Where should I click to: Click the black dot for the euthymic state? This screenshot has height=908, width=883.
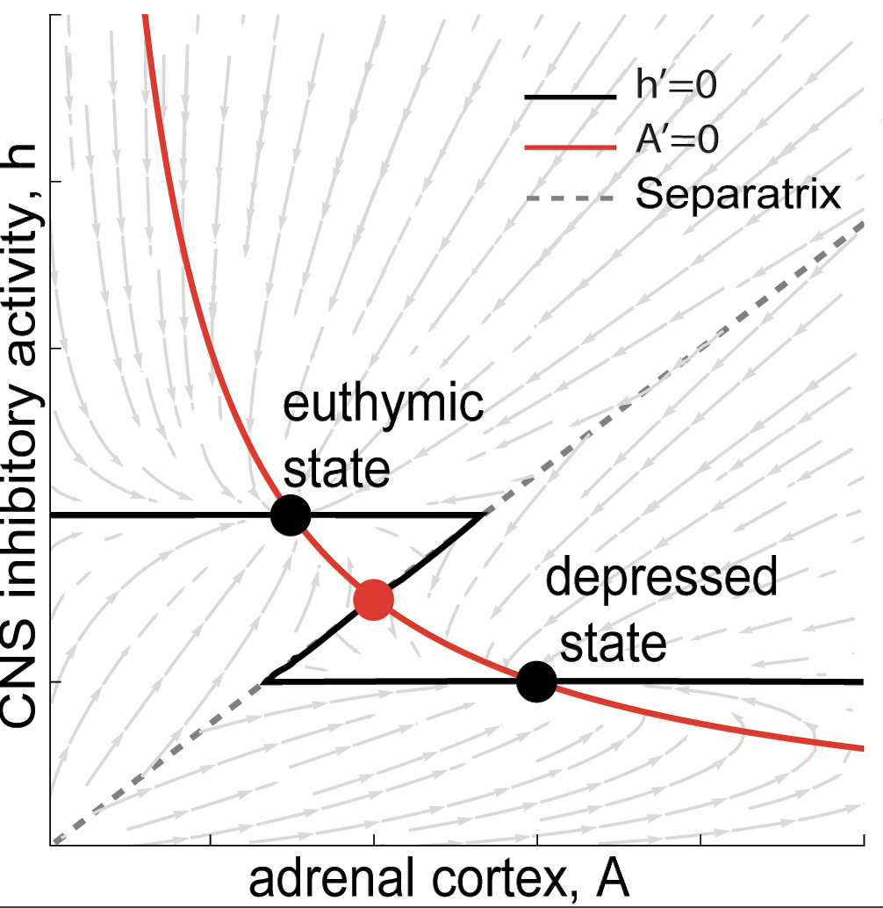pos(291,515)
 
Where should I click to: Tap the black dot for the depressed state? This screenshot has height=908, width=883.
pos(536,681)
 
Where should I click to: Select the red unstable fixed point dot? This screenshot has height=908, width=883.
pos(373,599)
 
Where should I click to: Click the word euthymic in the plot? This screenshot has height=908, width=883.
pos(383,406)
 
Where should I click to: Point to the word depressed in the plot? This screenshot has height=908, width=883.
pos(662,580)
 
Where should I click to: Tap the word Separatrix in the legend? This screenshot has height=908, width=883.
pos(738,194)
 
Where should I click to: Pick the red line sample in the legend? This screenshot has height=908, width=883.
pos(570,148)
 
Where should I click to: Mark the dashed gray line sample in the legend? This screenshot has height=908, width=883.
pos(570,201)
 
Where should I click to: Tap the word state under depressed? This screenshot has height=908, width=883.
pos(614,645)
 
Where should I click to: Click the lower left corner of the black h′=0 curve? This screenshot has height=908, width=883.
pos(265,681)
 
